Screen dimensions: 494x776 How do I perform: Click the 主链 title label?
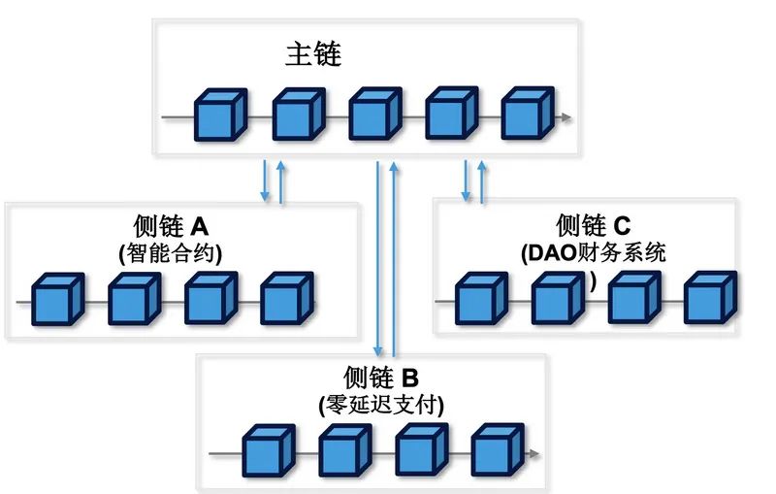[x=312, y=53]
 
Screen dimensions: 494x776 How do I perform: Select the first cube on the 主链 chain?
[x=220, y=115]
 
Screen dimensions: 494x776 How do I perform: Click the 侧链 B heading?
[x=380, y=378]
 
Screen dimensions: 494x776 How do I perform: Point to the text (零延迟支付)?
[x=380, y=405]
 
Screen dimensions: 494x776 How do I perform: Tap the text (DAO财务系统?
[x=593, y=254]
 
